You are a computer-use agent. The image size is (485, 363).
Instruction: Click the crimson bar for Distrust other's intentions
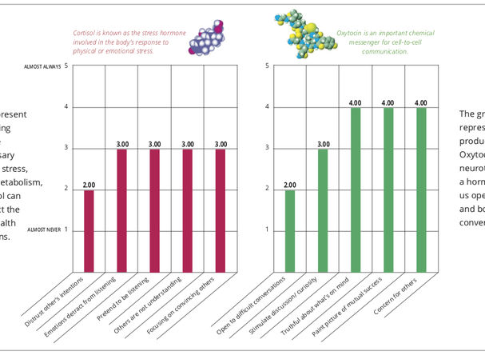click(x=89, y=230)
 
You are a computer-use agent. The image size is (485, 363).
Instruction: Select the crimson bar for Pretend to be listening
click(x=155, y=209)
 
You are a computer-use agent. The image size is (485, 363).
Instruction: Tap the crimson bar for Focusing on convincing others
click(x=220, y=209)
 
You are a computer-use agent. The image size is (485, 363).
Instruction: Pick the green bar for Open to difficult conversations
click(x=289, y=230)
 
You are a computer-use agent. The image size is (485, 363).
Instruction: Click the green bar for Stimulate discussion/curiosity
click(x=322, y=209)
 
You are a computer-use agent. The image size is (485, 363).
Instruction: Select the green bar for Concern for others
click(x=420, y=189)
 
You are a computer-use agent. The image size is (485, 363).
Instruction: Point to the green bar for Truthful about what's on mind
click(x=355, y=189)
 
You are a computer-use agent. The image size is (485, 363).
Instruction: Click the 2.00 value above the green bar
click(x=289, y=185)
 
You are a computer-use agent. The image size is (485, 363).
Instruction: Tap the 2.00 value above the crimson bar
click(x=89, y=185)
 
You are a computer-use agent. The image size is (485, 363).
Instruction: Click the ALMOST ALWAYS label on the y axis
click(x=43, y=66)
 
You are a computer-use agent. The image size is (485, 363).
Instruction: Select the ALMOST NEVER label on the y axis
click(x=44, y=229)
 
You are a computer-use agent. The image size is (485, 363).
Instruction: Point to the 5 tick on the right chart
click(x=266, y=66)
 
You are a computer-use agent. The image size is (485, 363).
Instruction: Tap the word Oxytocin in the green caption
click(x=350, y=33)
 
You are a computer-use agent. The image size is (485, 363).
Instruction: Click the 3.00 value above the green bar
click(x=322, y=145)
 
